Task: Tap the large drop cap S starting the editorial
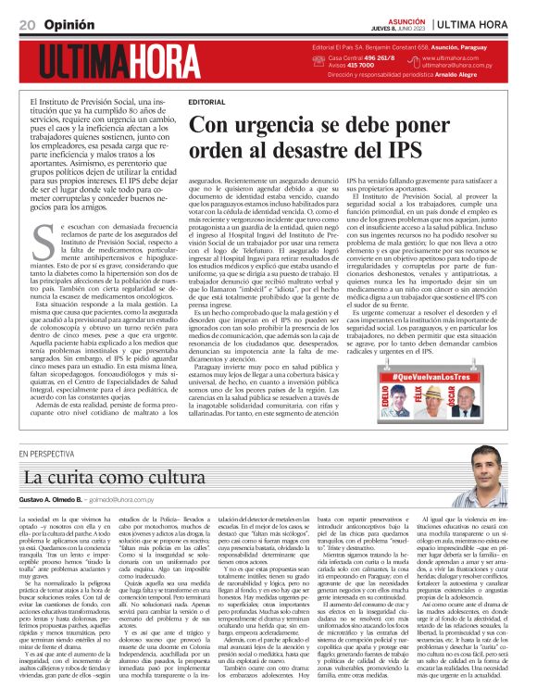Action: tap(42, 242)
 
